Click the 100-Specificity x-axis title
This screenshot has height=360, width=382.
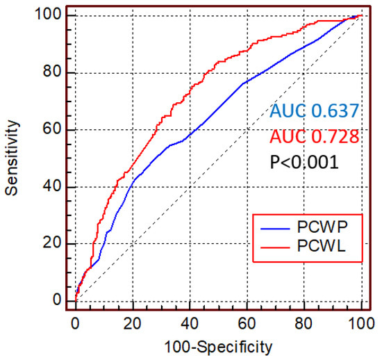[x=218, y=345]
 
